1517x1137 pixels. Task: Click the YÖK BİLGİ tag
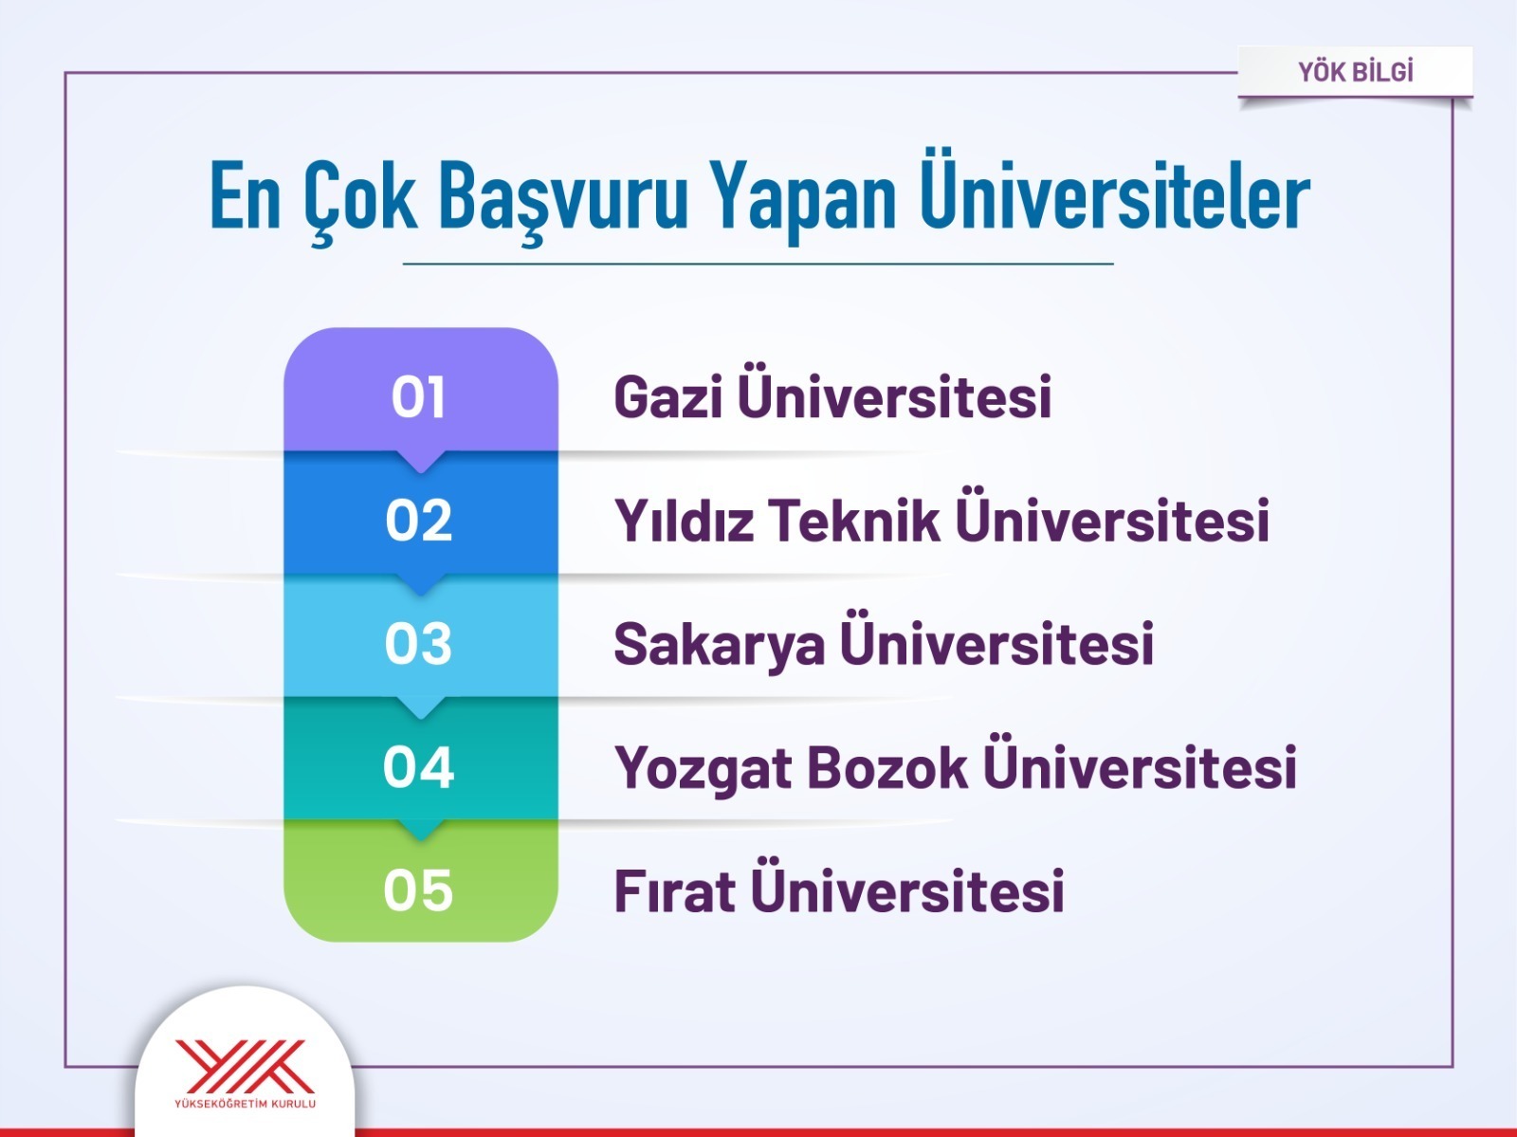click(x=1355, y=72)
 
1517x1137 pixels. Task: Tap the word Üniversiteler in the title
click(x=1114, y=189)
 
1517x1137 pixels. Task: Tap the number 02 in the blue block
click(x=419, y=520)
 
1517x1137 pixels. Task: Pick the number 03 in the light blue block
click(x=418, y=644)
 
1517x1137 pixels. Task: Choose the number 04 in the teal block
click(x=419, y=766)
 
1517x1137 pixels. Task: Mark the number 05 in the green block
click(x=418, y=889)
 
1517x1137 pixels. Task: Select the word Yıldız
click(x=685, y=519)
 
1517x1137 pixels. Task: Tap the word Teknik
click(x=853, y=519)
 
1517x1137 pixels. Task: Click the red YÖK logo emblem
click(x=246, y=1067)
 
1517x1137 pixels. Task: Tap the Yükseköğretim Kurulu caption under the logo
click(x=246, y=1104)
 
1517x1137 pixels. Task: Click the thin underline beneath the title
click(x=758, y=264)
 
